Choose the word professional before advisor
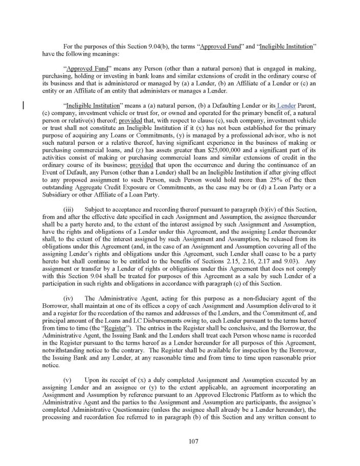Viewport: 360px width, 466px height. tap(239, 140)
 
